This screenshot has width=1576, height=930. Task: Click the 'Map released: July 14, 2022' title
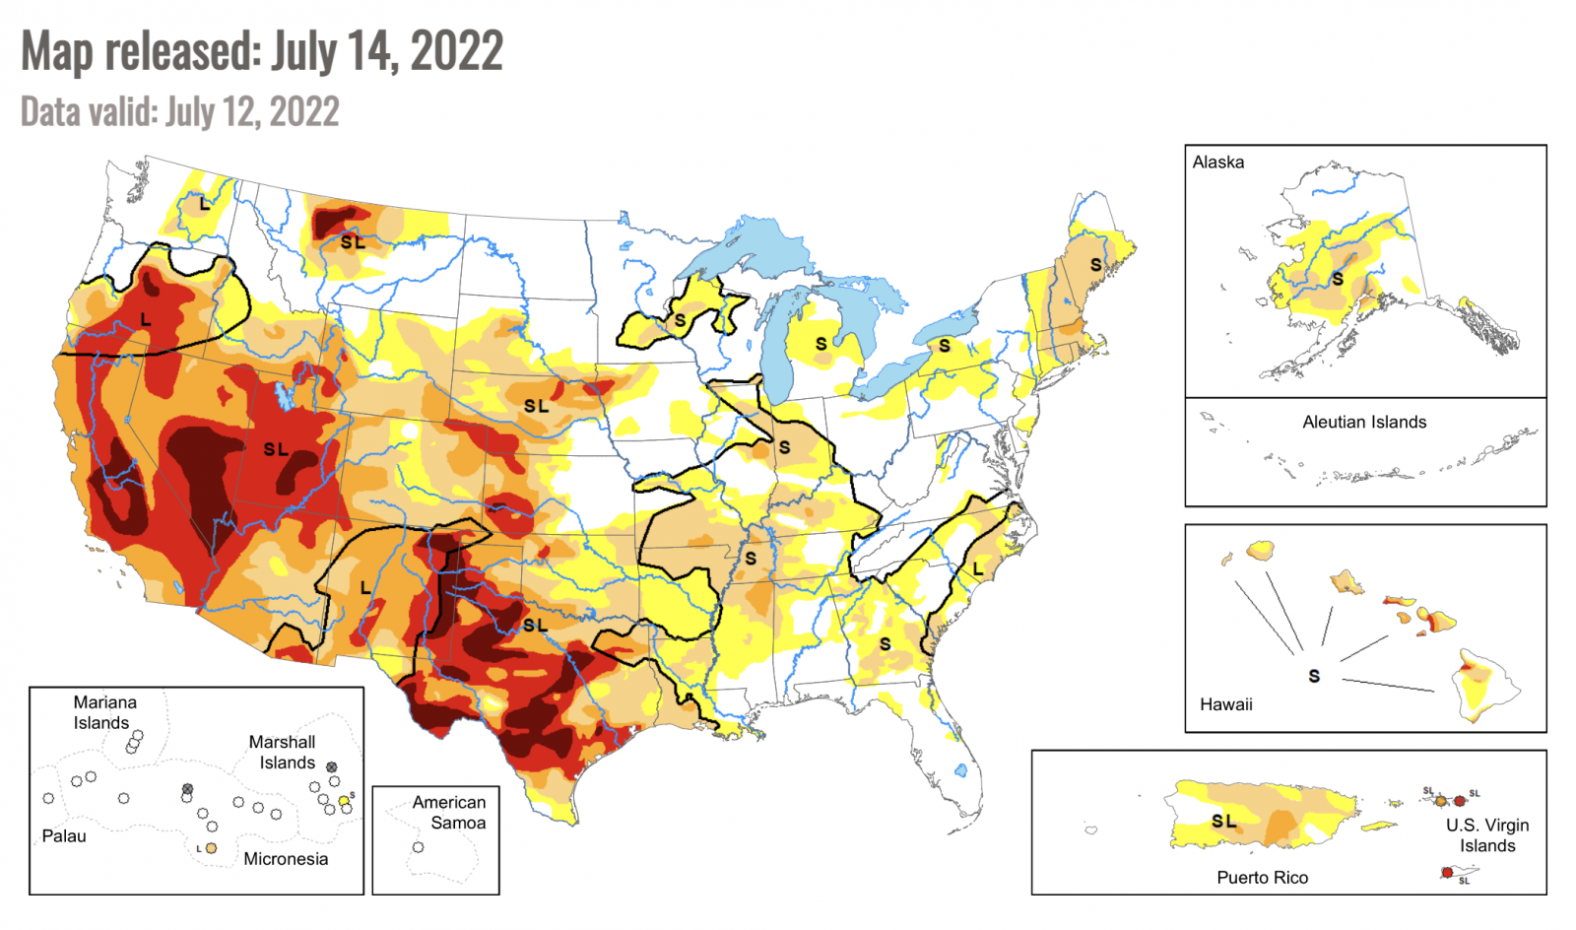[262, 51]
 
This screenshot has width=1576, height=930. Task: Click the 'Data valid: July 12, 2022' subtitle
[180, 111]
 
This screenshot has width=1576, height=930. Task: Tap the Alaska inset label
[1217, 163]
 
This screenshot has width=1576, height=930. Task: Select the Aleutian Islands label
[1363, 422]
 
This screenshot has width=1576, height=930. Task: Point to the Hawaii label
[1225, 704]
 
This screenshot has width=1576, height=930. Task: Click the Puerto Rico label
[1262, 877]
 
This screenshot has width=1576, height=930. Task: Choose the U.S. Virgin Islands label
[1486, 835]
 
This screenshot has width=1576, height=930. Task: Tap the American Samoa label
[449, 813]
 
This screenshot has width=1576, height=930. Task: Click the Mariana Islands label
[103, 712]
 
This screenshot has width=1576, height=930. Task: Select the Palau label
[64, 835]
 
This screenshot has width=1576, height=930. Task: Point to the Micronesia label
[286, 859]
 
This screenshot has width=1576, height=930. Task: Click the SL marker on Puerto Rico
[1223, 821]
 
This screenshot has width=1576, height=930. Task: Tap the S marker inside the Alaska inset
[1338, 280]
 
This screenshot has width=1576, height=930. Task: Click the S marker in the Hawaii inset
[1314, 676]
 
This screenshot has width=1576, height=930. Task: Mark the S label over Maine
[1095, 265]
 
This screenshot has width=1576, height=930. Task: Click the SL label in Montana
[353, 242]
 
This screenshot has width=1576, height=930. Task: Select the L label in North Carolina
[977, 569]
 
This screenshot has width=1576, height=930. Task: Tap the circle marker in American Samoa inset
[418, 847]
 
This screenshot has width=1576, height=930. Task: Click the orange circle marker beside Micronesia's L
[211, 847]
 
